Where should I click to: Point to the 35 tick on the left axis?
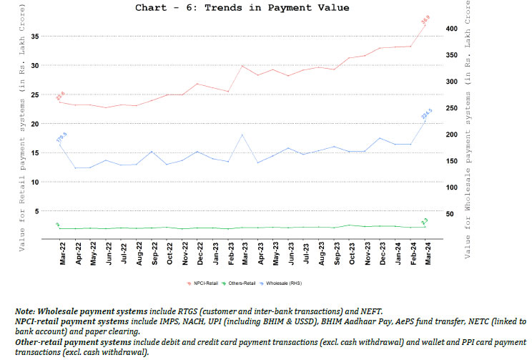(44, 36)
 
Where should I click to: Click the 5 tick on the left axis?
(46, 214)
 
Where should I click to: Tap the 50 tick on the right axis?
(449, 214)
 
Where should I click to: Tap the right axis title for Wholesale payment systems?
(469, 136)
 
